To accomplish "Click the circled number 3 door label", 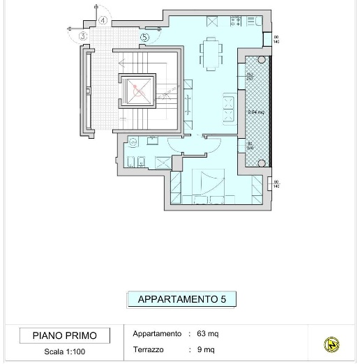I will point(83,36).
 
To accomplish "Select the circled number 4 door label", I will point(103,21).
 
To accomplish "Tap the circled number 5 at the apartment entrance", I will point(144,37).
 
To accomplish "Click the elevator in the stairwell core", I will point(135,90).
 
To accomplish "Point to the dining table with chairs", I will point(211,54).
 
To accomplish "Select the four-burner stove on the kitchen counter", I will point(237,22).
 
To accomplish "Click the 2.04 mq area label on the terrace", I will point(255,112).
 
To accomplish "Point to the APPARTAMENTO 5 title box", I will point(181,300).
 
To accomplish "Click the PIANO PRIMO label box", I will point(65,335).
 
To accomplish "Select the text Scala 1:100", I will point(64,351).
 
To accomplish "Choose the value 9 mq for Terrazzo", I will point(206,349).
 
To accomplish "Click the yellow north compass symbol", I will point(332,344).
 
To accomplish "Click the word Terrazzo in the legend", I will point(148,349).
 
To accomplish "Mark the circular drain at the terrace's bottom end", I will point(262,163).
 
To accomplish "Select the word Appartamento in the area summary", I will point(157,334).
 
